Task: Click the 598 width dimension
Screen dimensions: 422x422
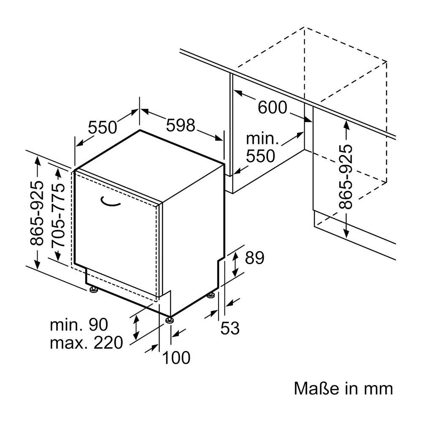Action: tap(181, 125)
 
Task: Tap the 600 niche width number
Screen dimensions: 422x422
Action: tap(272, 107)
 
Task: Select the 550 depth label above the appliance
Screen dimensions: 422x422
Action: tap(103, 127)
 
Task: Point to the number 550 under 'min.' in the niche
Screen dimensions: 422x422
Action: tap(260, 156)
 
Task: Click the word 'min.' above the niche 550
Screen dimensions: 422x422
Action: tap(262, 139)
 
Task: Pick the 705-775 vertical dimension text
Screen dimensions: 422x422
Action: tap(58, 215)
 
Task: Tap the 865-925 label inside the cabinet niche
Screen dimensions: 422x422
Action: tap(346, 177)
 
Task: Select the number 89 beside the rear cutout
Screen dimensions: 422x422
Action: tap(254, 258)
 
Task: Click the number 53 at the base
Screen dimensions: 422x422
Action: tap(230, 328)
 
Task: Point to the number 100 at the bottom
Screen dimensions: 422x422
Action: tap(176, 358)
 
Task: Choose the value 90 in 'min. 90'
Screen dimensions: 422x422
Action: tap(98, 325)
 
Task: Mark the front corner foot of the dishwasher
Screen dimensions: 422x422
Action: tap(170, 320)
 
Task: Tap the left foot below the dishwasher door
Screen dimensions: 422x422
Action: tap(94, 289)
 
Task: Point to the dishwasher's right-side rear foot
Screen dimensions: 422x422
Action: tap(211, 295)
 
